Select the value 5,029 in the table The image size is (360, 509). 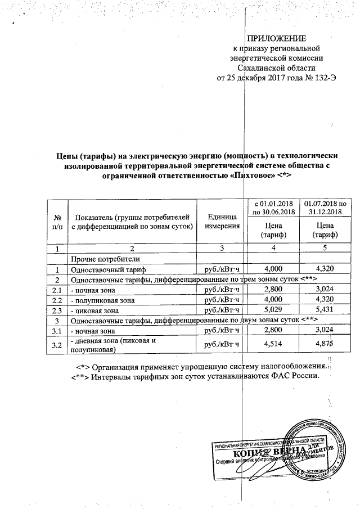(274, 310)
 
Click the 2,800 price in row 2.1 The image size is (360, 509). (274, 290)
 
